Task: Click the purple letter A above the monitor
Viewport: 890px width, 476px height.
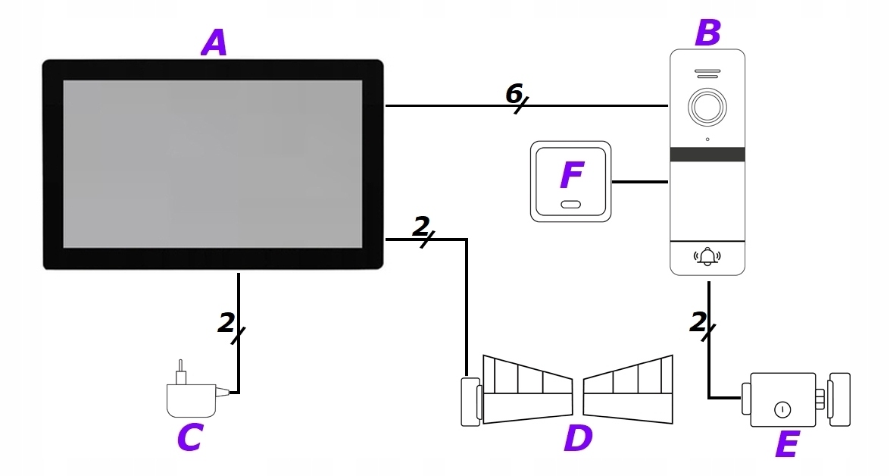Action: [x=214, y=43]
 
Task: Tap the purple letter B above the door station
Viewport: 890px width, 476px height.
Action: [x=707, y=33]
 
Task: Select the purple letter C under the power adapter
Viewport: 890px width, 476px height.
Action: [x=190, y=437]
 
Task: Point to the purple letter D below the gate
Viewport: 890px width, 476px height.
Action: [x=578, y=438]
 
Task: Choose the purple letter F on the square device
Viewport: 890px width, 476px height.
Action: [x=572, y=176]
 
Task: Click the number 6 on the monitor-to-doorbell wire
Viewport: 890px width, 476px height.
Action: [x=514, y=93]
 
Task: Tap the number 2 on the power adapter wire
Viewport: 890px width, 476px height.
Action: [x=226, y=323]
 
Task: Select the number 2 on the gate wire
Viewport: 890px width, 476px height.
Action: [x=421, y=226]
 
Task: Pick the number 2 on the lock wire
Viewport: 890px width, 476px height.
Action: [x=698, y=322]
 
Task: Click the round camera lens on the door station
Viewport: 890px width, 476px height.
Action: [x=707, y=106]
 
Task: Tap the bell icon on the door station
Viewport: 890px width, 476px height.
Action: [x=707, y=256]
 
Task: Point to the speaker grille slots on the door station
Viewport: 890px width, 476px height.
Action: [x=707, y=74]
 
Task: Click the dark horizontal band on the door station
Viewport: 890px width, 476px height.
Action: [x=707, y=155]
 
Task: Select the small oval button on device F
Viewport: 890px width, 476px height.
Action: [x=571, y=205]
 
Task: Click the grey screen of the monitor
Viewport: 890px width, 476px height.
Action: [x=212, y=164]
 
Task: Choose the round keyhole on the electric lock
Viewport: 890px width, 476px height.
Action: [x=782, y=409]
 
